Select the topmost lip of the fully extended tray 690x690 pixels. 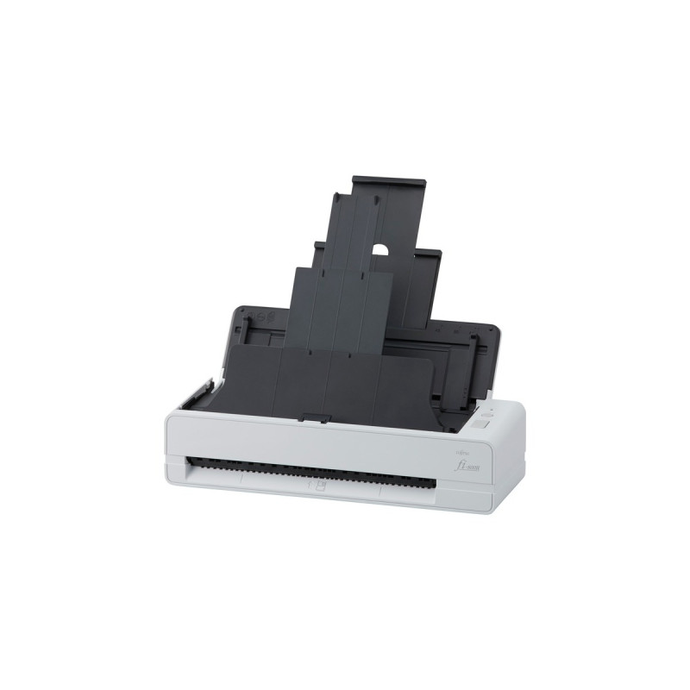[x=389, y=183]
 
